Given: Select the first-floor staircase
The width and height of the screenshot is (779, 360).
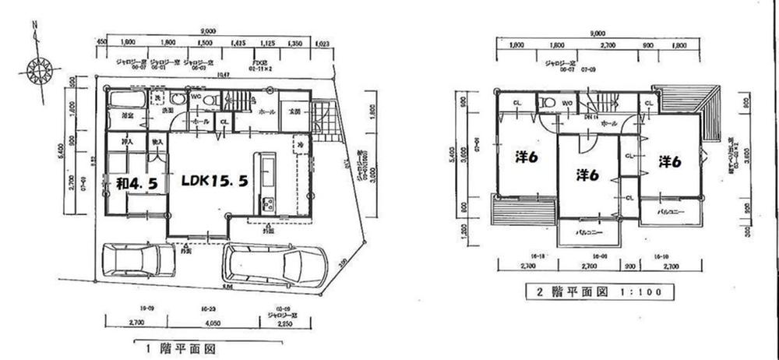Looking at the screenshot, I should [237, 101].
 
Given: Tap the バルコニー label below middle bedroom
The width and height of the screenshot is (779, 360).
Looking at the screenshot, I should [587, 232].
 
